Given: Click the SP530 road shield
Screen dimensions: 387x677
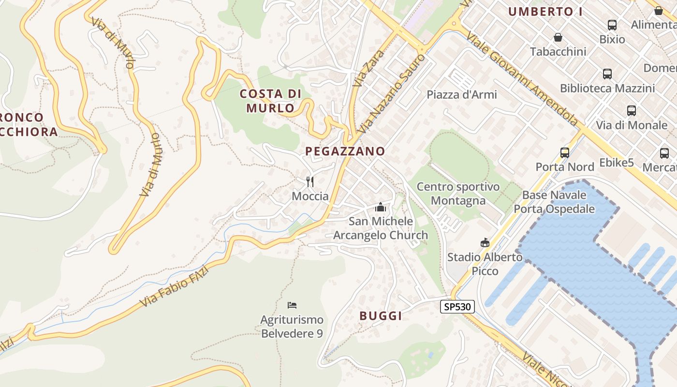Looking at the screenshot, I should pos(457,306).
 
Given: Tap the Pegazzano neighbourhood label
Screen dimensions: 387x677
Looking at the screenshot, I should pos(345,151).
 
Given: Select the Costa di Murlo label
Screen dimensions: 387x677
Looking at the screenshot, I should pos(271,101).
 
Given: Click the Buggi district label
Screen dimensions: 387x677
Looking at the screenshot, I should pos(381,316).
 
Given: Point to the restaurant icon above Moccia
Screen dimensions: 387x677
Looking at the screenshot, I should pos(310,182).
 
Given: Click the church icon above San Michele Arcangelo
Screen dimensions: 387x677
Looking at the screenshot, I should pos(381,208).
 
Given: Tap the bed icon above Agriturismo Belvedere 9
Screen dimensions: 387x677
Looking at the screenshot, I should pos(292,305).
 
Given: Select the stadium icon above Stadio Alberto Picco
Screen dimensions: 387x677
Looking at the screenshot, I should pos(485,242).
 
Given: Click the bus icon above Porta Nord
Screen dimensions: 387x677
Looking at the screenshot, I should pos(564,153).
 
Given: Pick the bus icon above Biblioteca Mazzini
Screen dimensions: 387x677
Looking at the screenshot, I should pos(607,74).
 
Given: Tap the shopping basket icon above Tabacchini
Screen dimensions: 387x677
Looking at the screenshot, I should pos(558,37).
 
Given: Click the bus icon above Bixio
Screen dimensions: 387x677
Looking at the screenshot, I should pos(612,25).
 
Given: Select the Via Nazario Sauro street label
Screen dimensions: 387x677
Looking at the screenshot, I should pos(392,93).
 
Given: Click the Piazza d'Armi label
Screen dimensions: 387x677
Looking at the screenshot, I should pos(461,94).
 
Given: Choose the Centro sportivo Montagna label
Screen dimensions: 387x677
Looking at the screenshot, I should pos(458,193).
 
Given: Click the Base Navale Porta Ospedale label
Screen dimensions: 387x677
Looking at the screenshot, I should pos(554,202).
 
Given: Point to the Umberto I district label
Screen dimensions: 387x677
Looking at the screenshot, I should pos(545,12).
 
